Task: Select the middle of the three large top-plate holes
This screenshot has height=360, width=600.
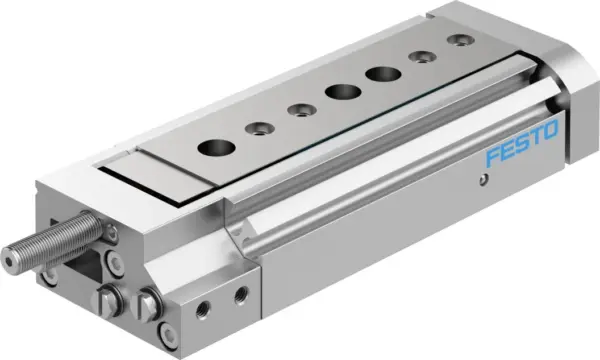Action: tap(339, 92)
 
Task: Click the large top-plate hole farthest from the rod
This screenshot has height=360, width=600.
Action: tap(379, 73)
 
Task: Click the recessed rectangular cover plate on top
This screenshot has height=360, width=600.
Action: tap(165, 171)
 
